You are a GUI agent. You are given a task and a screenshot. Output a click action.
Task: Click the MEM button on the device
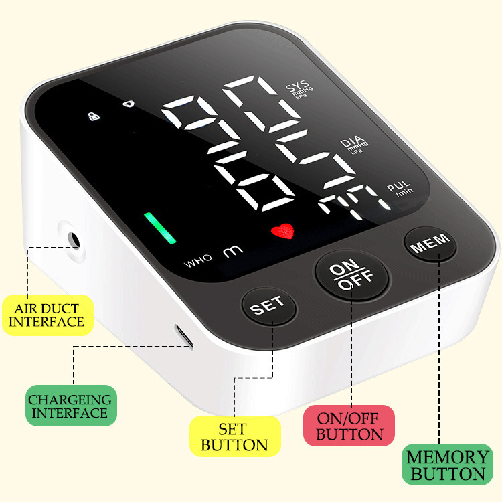pyautogui.click(x=430, y=246)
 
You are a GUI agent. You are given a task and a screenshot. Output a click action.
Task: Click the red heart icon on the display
pyautogui.click(x=282, y=232)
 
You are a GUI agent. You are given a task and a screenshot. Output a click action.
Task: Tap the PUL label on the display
pyautogui.click(x=400, y=187)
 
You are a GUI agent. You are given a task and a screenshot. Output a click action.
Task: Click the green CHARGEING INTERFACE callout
pyautogui.click(x=70, y=406)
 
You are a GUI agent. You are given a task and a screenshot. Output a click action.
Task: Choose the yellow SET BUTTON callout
pyautogui.click(x=234, y=436)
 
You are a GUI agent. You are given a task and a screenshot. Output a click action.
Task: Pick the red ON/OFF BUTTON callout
pyautogui.click(x=349, y=426)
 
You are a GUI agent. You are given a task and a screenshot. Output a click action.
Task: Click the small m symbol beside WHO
pyautogui.click(x=231, y=252)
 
